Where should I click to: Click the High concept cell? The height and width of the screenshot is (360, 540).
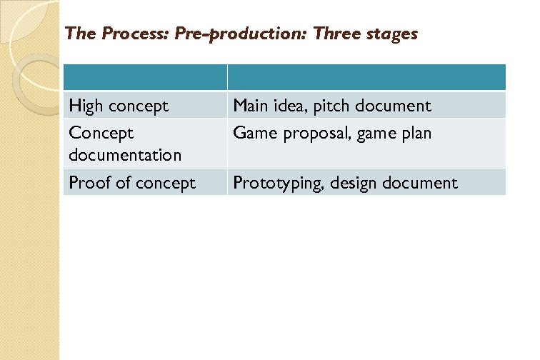[119, 106]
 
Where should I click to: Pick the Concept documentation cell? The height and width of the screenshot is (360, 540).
[125, 143]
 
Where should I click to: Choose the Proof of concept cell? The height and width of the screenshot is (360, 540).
[131, 183]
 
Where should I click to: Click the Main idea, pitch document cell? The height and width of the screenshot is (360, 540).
[332, 106]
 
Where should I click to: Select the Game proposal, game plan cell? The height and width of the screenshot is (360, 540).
[332, 133]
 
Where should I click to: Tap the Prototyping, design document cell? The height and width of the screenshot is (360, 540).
[345, 183]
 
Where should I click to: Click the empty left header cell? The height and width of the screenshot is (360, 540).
[145, 77]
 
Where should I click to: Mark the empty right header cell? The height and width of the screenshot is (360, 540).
[366, 77]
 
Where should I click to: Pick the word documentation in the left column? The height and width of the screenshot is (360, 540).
[125, 154]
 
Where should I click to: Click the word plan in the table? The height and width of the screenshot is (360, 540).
[416, 133]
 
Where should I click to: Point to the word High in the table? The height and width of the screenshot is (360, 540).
[86, 106]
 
